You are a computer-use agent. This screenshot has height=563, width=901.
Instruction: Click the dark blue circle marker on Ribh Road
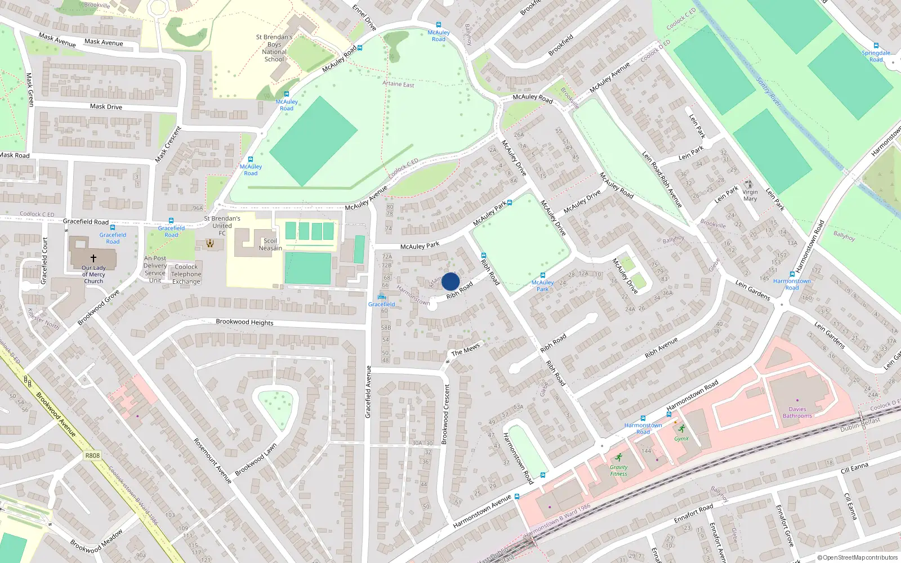(450, 281)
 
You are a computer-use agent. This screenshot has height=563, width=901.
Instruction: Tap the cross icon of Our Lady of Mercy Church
(93, 258)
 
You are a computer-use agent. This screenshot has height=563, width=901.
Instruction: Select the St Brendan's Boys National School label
(274, 48)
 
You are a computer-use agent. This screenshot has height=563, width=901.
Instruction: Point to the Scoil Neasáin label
(270, 244)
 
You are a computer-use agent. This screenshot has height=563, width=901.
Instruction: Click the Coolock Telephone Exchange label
(186, 274)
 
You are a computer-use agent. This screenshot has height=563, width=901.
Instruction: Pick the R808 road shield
(92, 455)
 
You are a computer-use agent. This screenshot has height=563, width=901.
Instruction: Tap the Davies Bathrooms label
(797, 413)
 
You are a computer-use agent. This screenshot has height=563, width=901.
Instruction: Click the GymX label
(681, 439)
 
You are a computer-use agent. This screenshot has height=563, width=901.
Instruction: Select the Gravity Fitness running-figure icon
(619, 457)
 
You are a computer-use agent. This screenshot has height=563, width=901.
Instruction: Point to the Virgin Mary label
(750, 195)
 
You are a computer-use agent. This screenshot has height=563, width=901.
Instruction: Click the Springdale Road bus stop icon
(876, 46)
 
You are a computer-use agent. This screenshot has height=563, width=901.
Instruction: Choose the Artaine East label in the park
(398, 84)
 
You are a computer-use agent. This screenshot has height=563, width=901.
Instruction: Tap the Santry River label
(769, 92)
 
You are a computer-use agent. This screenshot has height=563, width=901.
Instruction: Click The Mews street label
(466, 350)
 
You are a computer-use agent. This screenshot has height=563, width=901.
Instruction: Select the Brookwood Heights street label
(244, 322)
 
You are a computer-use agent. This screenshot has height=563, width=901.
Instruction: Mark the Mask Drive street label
(106, 106)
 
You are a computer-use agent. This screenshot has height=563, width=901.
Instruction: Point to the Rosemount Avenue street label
(212, 461)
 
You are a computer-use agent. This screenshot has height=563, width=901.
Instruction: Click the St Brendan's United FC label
(222, 225)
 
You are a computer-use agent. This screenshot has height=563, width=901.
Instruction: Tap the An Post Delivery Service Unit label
(155, 269)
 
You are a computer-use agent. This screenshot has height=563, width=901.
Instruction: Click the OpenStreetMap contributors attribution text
(858, 557)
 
